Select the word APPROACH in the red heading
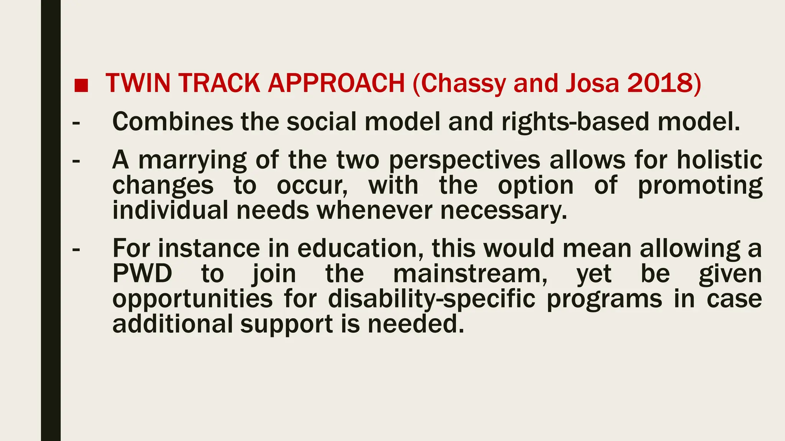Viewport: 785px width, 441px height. pos(336,83)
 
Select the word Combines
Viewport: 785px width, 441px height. pos(172,122)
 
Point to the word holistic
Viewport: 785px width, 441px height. pos(719,160)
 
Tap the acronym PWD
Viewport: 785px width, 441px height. pos(142,274)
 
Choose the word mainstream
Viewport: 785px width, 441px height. pos(470,274)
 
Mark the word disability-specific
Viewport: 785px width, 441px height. pos(432,299)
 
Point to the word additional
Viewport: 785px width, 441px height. pos(172,324)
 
